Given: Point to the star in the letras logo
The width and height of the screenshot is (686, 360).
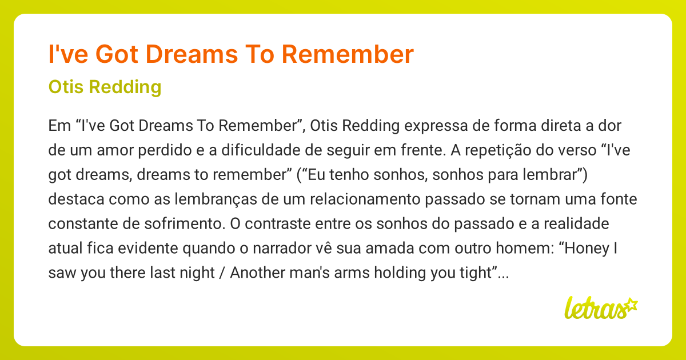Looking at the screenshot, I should [631, 304].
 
